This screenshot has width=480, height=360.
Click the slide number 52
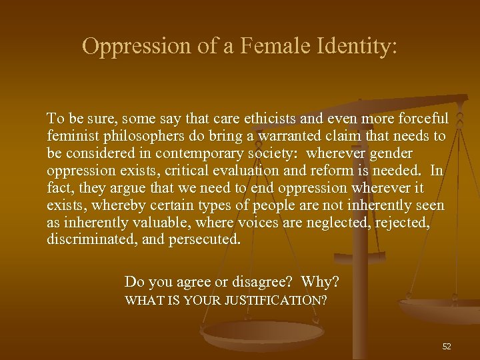coord(447,347)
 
